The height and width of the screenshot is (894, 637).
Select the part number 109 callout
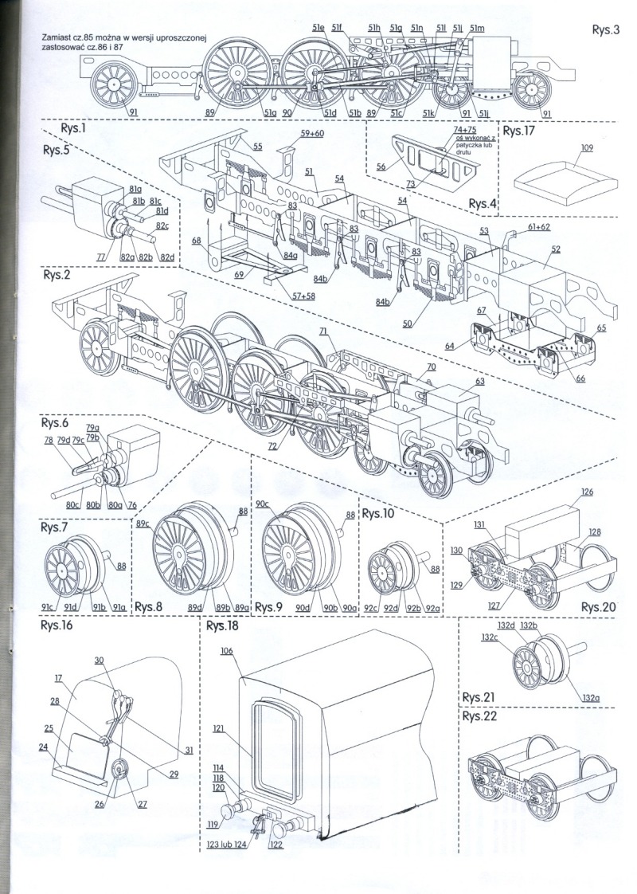[x=588, y=148]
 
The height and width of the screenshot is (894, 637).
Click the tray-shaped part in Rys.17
[x=556, y=181]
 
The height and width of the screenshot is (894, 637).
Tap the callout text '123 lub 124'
[x=224, y=847]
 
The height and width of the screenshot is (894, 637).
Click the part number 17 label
[x=58, y=678]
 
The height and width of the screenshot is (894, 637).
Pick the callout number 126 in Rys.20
[x=586, y=492]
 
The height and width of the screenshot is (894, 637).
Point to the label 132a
[x=590, y=698]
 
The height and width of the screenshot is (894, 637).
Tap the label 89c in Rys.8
[x=143, y=523]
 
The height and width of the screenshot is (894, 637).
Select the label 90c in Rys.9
[x=264, y=504]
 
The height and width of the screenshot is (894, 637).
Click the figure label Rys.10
[x=378, y=514]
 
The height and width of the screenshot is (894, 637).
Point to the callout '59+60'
[x=312, y=134]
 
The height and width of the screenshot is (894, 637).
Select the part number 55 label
[x=257, y=147]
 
